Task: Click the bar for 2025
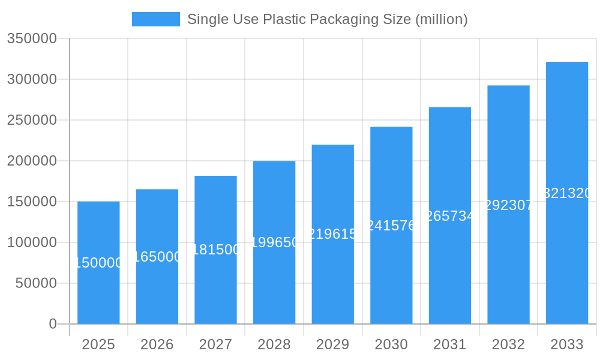click(x=98, y=288)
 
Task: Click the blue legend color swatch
click(x=156, y=19)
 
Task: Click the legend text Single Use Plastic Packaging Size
click(x=327, y=19)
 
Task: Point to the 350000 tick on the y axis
click(x=32, y=38)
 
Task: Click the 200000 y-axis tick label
click(x=32, y=161)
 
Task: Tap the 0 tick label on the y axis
click(x=53, y=324)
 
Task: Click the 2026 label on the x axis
click(x=157, y=344)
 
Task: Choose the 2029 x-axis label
click(x=332, y=344)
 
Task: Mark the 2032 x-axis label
click(x=508, y=344)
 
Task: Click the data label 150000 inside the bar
click(x=98, y=263)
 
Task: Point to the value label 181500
click(x=215, y=250)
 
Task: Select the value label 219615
click(x=332, y=234)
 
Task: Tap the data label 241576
click(x=391, y=226)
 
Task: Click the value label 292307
click(x=508, y=205)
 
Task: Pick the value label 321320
click(x=567, y=193)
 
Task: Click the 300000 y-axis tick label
click(x=32, y=79)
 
